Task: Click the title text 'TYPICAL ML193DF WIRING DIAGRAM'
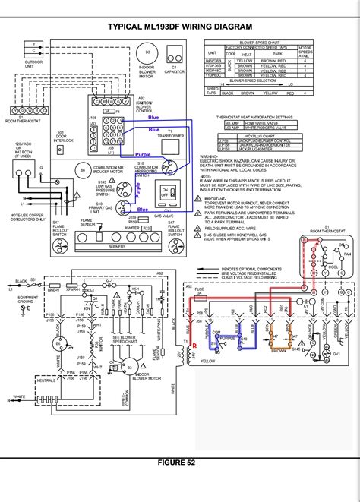[x=180, y=27]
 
